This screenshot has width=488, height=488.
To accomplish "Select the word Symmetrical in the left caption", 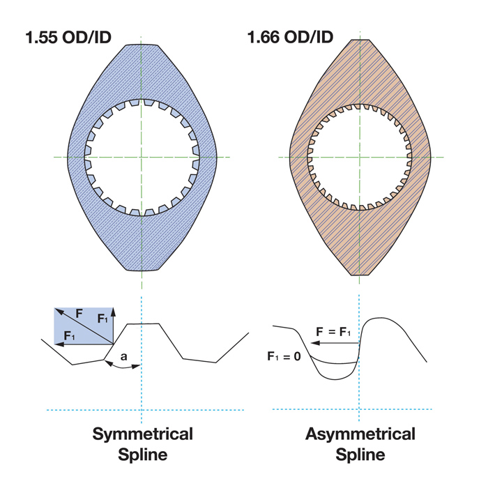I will pyautogui.click(x=142, y=434).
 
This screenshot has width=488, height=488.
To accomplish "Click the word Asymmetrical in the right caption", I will pyautogui.click(x=360, y=434).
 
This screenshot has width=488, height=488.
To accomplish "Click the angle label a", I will pyautogui.click(x=124, y=356).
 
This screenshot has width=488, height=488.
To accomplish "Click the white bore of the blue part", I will pyautogui.click(x=142, y=158).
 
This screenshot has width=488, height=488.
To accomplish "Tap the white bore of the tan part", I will pyautogui.click(x=360, y=158).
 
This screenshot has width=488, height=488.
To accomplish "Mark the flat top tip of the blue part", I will pyautogui.click(x=142, y=44).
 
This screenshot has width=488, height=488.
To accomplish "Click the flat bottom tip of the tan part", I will pyautogui.click(x=360, y=274).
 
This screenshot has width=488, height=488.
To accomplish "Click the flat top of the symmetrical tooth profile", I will pyautogui.click(x=142, y=323).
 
